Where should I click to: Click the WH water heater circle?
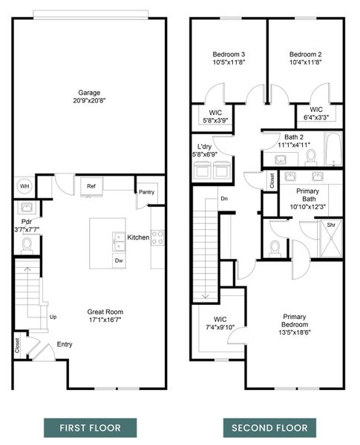(x=24, y=185)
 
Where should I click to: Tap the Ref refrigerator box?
(x=91, y=186)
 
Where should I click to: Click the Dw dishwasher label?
(x=118, y=260)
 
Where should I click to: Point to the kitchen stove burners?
(x=157, y=237)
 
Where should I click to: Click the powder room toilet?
(x=27, y=243)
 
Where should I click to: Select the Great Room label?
(x=105, y=312)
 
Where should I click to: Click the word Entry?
(x=65, y=344)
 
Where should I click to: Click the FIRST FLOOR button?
(x=89, y=428)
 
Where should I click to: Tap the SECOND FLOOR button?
(x=269, y=428)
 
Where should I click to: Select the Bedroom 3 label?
(x=229, y=55)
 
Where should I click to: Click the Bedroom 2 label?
(x=305, y=55)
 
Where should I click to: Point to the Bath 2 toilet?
(x=311, y=156)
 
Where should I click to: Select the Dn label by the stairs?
(x=223, y=198)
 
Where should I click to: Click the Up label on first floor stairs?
(x=53, y=317)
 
